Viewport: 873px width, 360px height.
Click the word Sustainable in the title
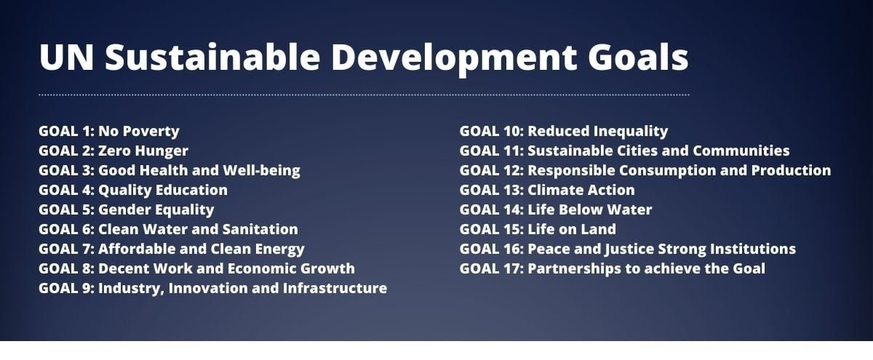pos(212,57)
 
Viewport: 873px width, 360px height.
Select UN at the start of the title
pos(66,57)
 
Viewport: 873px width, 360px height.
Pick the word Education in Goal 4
pos(191,190)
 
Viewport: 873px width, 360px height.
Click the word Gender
pos(124,209)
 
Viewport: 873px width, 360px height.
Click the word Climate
pos(553,190)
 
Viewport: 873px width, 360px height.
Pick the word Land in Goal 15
pos(598,229)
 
